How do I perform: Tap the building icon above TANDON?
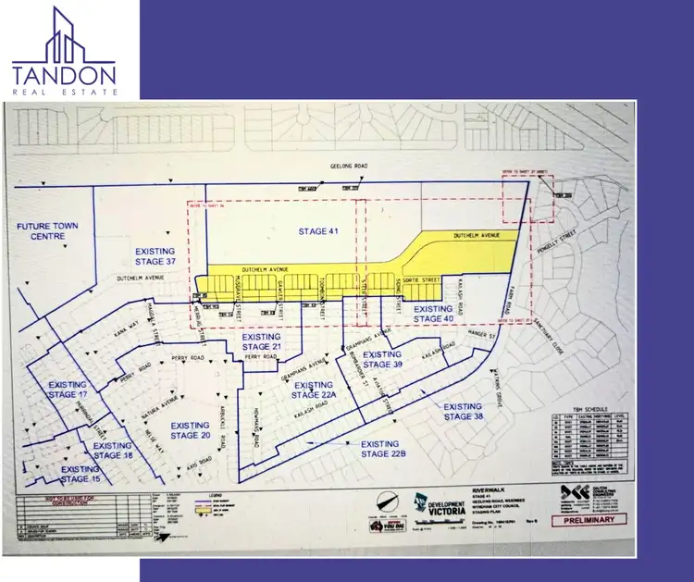coord(63,36)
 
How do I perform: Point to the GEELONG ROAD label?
coord(349,167)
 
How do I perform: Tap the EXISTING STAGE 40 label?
coord(432,314)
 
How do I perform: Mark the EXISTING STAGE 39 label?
coord(382,359)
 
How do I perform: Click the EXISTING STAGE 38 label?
coord(463,411)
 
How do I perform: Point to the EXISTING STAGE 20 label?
coord(191,429)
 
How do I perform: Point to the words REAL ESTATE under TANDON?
coord(64,93)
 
